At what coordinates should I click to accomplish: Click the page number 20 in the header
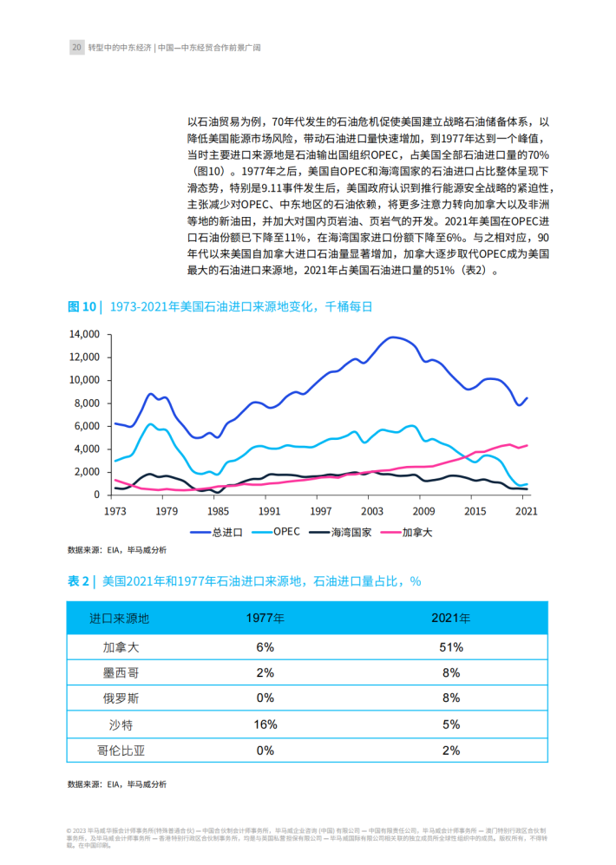76,48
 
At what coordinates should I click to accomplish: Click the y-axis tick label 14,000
84,334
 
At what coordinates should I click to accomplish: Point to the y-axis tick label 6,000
87,426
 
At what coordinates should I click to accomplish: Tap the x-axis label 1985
218,511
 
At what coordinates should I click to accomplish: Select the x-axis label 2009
423,511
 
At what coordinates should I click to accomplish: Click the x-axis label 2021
526,511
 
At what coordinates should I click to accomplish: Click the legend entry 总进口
216,533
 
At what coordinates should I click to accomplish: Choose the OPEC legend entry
276,532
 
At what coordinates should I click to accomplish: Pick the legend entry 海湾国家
340,533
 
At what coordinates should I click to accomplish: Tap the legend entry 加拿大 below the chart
406,533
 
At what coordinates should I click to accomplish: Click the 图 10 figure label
82,307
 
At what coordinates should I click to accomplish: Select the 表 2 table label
78,581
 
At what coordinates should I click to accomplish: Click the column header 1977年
265,619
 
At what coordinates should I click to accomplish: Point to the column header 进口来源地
120,619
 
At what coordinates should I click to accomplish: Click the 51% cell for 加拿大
451,647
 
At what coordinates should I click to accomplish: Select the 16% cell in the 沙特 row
265,724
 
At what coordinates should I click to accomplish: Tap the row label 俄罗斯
121,698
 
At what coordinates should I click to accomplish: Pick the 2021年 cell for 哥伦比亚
451,750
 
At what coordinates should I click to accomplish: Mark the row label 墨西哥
121,673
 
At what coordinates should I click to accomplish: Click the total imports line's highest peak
392,337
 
